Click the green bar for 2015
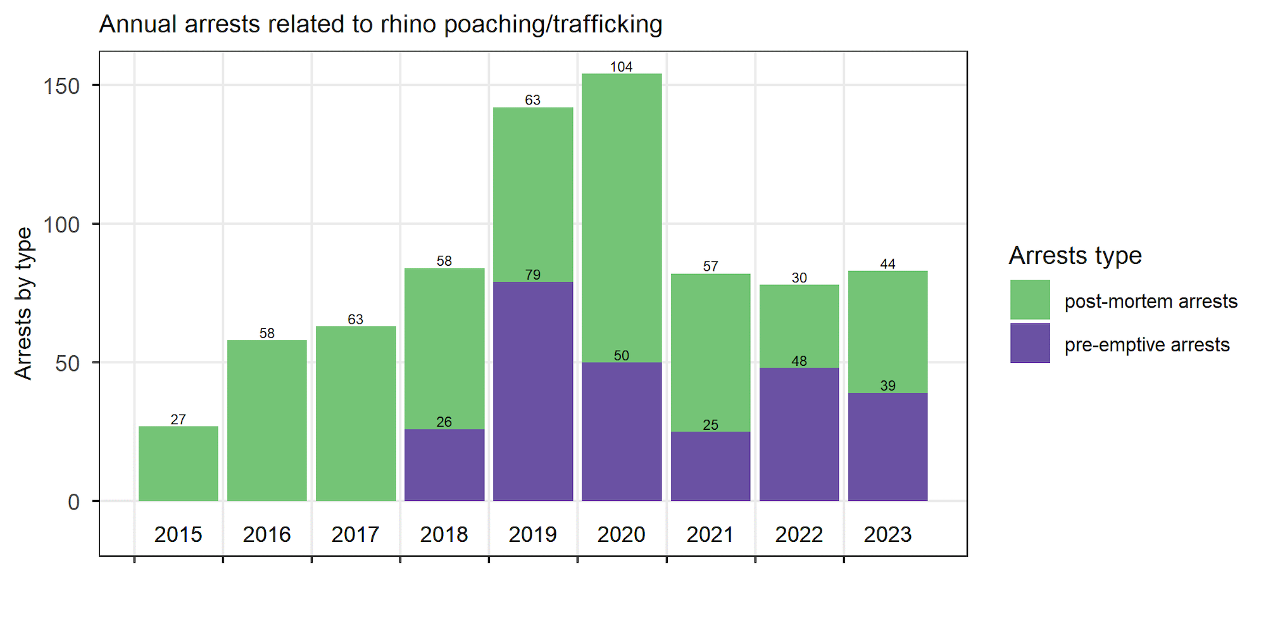click(179, 464)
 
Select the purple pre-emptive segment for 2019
click(533, 392)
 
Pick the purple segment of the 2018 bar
click(444, 465)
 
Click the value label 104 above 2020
click(622, 67)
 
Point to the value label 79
click(533, 275)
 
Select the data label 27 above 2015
click(179, 420)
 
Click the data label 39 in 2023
click(887, 385)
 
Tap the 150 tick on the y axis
click(61, 86)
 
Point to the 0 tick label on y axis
click(74, 502)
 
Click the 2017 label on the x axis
click(356, 534)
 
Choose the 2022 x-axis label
click(799, 534)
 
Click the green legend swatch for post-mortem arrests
click(1030, 299)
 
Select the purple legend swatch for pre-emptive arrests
click(1030, 343)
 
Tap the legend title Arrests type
click(1075, 256)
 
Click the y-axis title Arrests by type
click(23, 304)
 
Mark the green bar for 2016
click(267, 421)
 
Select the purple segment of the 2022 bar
click(799, 434)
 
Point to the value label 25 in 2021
click(710, 425)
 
